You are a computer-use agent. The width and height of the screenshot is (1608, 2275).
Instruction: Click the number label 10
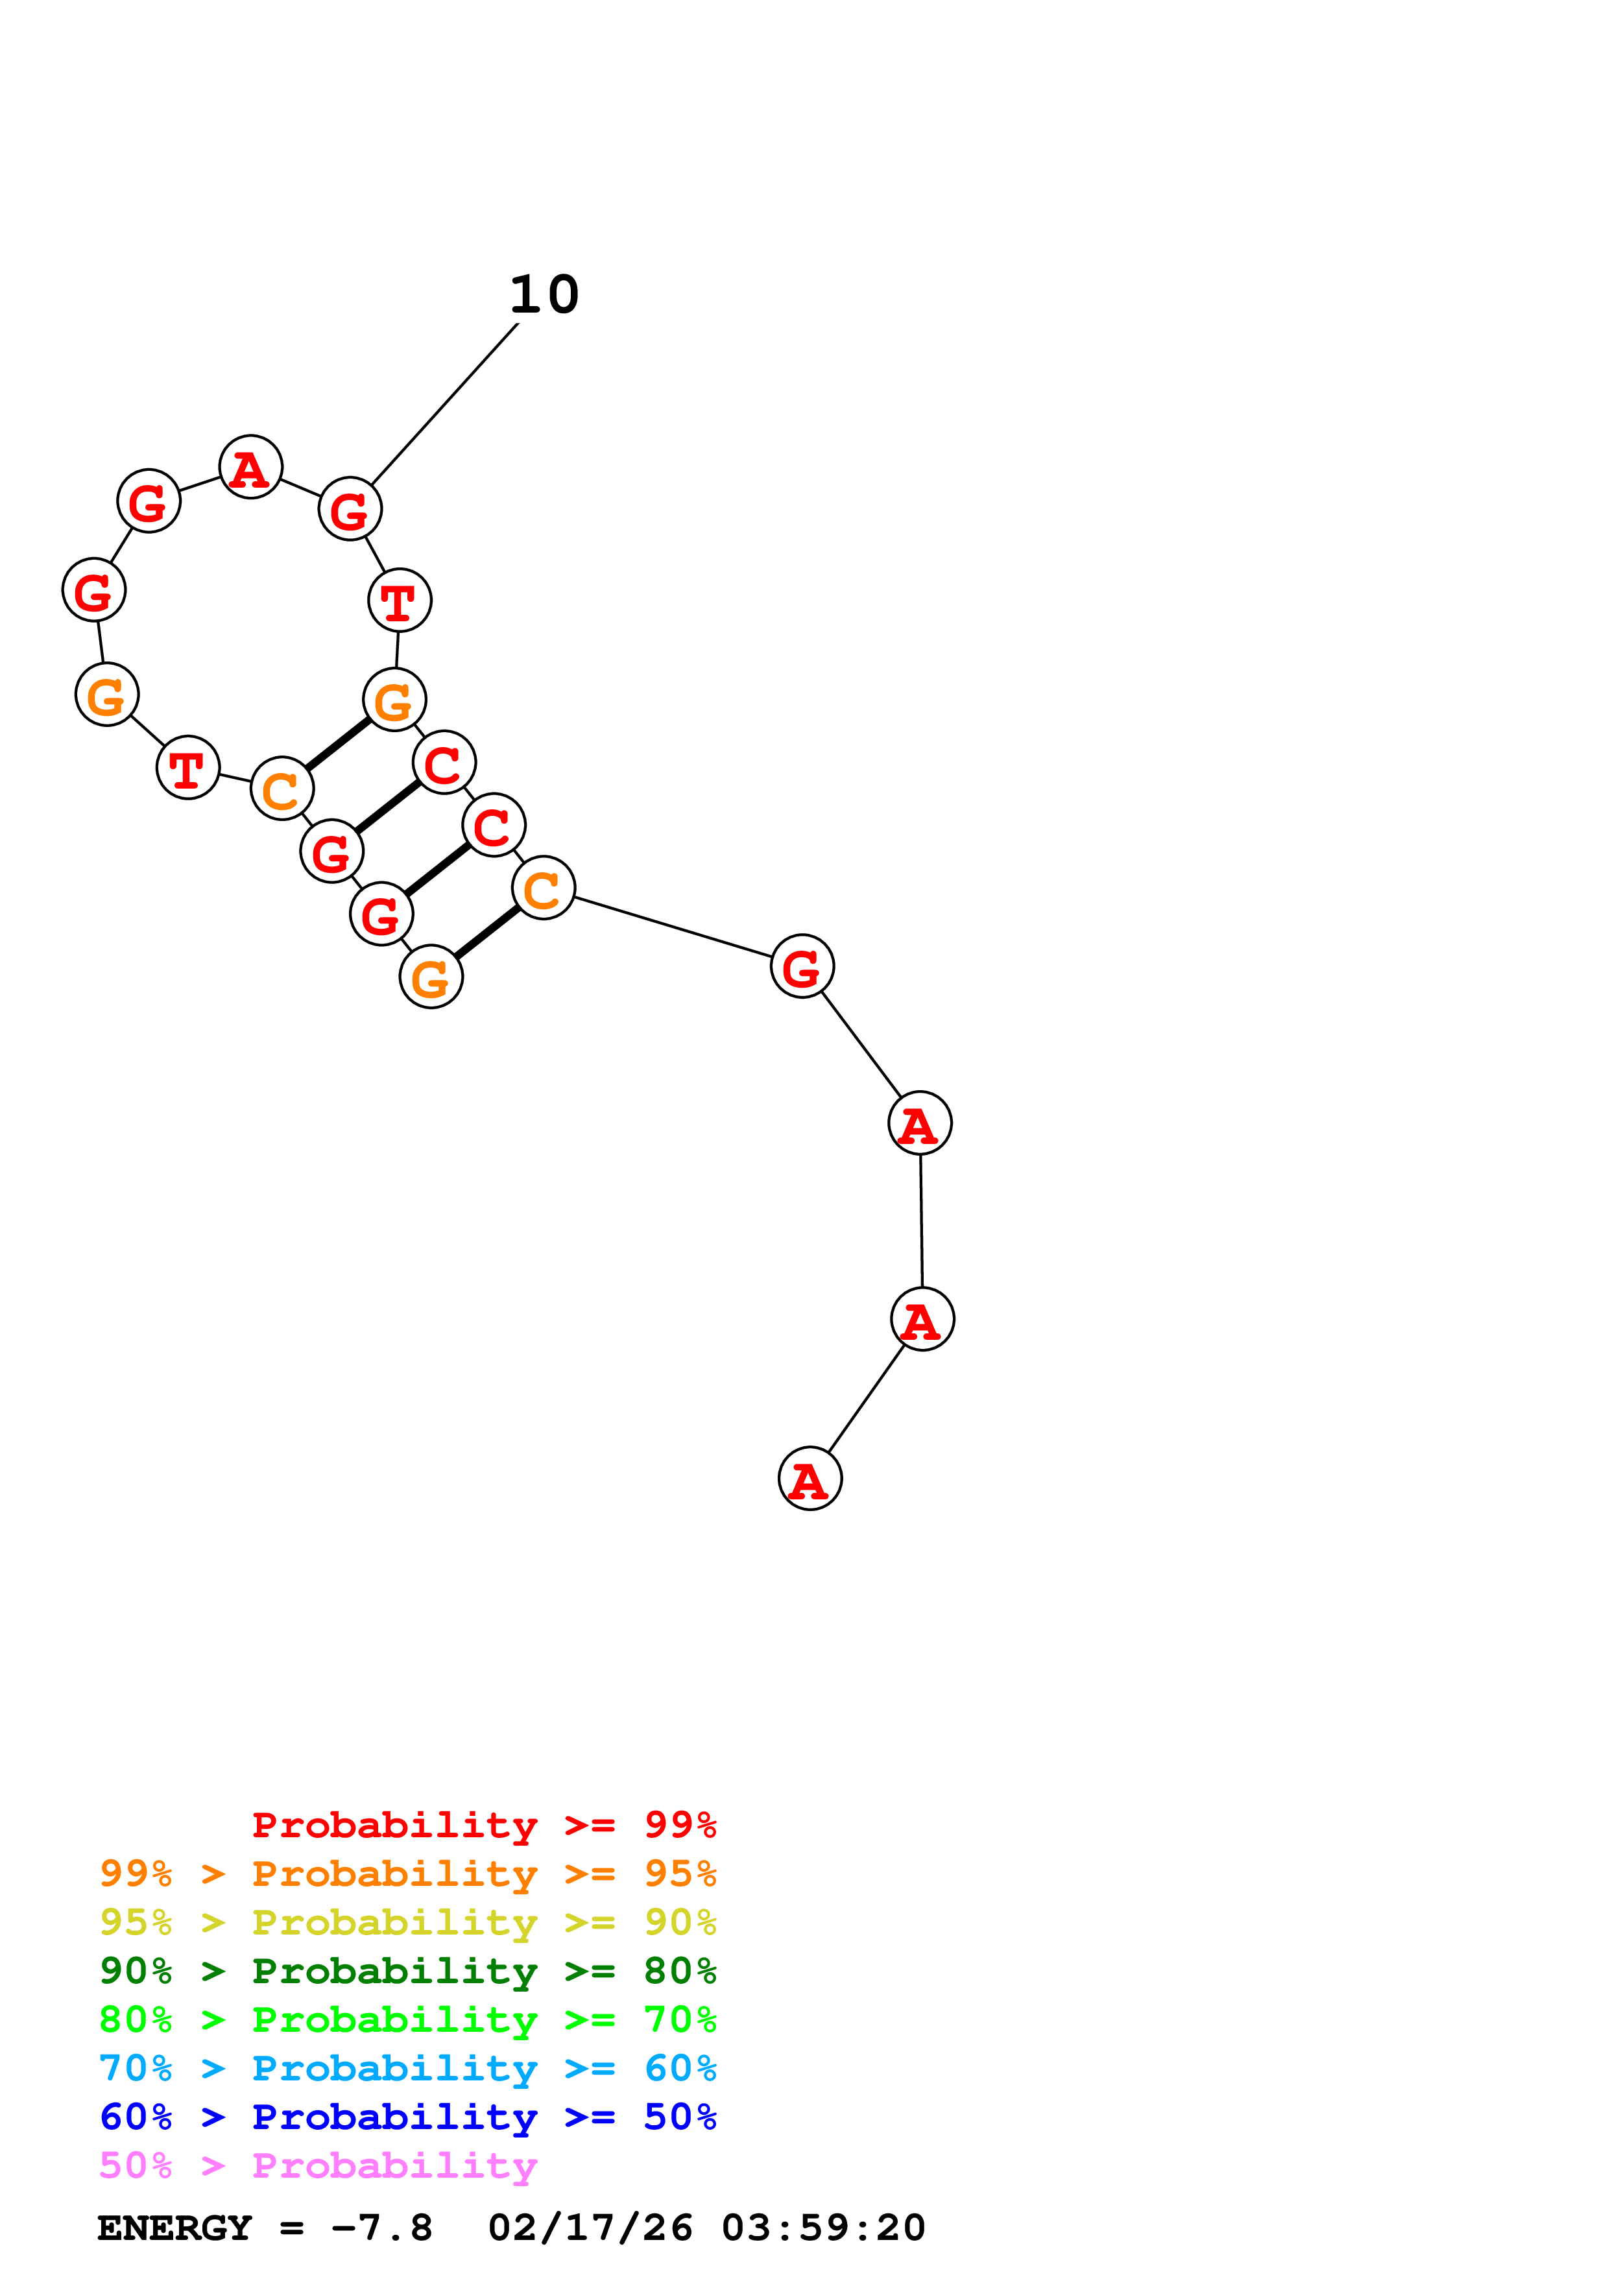tap(544, 295)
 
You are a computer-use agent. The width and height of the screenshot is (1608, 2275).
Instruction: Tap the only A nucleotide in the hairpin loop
tap(250, 467)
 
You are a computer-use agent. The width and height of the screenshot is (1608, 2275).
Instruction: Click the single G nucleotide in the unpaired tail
tap(802, 966)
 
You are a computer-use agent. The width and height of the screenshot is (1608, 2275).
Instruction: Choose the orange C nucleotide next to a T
tap(282, 789)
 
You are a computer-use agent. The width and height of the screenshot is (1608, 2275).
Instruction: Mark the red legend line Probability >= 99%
tap(483, 1824)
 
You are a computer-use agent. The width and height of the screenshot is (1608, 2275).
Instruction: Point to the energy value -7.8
tap(381, 2228)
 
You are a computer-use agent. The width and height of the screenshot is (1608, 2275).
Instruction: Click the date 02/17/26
tap(590, 2228)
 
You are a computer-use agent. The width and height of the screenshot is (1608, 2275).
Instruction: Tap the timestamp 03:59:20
tap(822, 2228)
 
